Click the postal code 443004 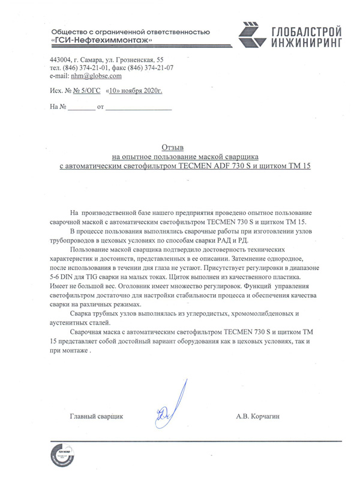[61, 60]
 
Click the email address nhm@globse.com [96, 76]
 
